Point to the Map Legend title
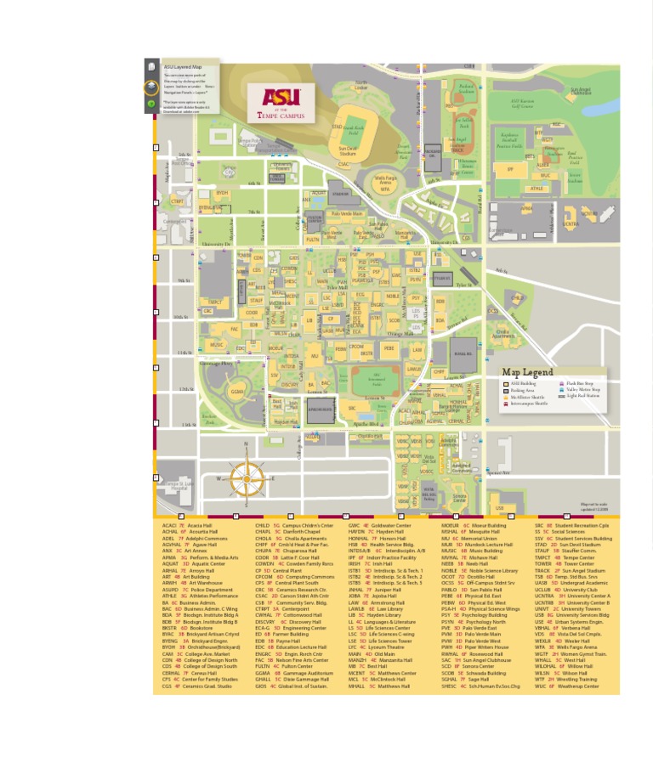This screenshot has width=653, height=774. [527, 372]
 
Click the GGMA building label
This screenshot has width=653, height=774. [237, 393]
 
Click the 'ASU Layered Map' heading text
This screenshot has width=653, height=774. [183, 66]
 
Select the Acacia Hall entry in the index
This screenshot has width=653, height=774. [187, 526]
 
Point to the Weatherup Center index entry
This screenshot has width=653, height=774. [572, 686]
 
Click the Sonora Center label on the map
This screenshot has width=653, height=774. [459, 499]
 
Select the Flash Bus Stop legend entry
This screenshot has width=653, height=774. [581, 383]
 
